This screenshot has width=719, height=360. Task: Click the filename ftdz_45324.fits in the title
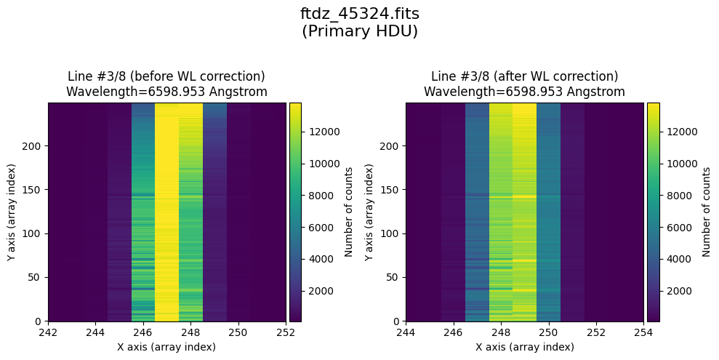[x=359, y=14]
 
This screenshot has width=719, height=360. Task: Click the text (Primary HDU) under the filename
[x=359, y=31]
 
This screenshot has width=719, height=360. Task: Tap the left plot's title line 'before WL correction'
[x=166, y=76]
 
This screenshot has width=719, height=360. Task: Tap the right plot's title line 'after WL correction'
[x=524, y=76]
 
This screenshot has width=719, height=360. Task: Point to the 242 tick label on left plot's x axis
[x=49, y=332]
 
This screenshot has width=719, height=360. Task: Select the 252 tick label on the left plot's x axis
[x=286, y=332]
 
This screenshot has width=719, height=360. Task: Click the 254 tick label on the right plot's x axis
[x=643, y=332]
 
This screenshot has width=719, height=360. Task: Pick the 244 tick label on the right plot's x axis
[x=406, y=332]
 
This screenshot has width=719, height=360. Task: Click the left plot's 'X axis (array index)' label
[x=166, y=347]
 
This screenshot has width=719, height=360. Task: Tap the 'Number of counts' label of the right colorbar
[x=706, y=212]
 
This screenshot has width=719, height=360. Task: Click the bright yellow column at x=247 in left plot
[x=167, y=211]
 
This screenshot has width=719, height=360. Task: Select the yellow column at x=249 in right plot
[x=525, y=211]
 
